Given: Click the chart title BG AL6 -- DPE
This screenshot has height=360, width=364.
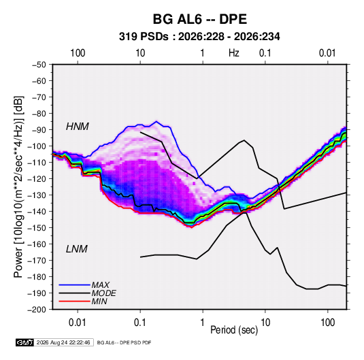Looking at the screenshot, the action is click(x=199, y=19).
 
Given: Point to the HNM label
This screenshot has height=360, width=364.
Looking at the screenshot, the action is click(x=78, y=127).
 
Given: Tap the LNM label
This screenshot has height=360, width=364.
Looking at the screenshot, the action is click(x=77, y=249).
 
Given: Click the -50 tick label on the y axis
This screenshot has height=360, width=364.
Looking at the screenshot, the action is click(x=39, y=65).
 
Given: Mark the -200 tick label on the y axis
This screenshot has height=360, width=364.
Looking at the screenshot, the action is click(x=37, y=310).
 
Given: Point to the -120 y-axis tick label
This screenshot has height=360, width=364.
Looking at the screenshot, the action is click(x=37, y=178).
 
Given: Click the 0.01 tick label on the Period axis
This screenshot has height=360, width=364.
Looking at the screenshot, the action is click(x=78, y=323).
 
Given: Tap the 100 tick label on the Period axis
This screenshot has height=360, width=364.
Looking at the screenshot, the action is click(x=327, y=323).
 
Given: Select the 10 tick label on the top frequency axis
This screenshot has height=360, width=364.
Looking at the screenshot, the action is click(x=140, y=53).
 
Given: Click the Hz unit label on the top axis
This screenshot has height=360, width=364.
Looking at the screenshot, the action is click(x=234, y=53).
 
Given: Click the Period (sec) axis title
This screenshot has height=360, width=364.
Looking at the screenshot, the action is click(x=234, y=330).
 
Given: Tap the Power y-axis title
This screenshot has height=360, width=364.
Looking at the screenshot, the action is click(x=18, y=186).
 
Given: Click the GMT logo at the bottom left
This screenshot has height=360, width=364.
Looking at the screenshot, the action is click(x=24, y=342).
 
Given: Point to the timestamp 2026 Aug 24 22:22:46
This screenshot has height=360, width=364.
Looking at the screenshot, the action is click(x=63, y=342).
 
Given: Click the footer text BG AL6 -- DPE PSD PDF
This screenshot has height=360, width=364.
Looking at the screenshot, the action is click(x=124, y=342).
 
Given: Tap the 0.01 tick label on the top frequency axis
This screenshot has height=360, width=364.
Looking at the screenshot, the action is click(x=327, y=53).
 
